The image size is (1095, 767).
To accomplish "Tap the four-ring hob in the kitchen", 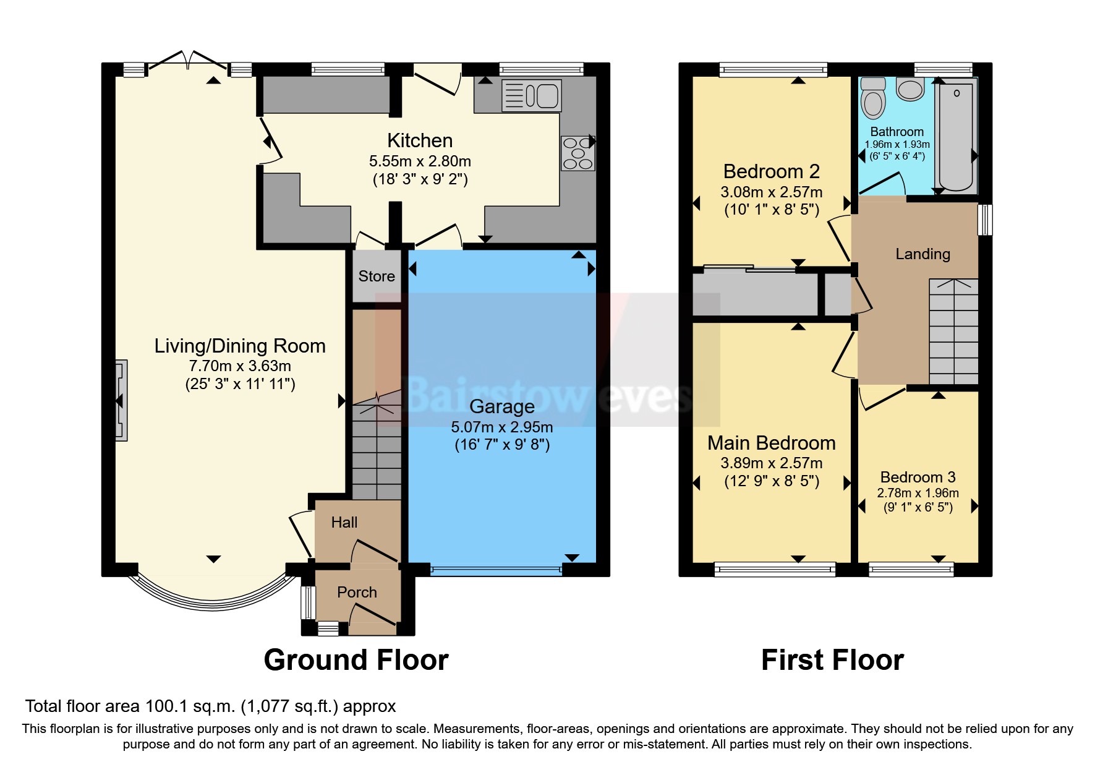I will pyautogui.click(x=577, y=153).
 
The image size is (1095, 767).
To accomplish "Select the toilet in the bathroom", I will pyautogui.click(x=873, y=99).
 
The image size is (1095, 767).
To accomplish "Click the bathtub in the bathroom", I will pyautogui.click(x=956, y=136).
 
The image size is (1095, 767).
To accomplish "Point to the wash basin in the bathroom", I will pyautogui.click(x=910, y=89).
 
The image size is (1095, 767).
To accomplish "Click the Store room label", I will pyautogui.click(x=377, y=276).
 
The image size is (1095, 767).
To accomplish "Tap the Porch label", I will pyautogui.click(x=357, y=592).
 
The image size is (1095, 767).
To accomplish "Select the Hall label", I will pyautogui.click(x=344, y=522).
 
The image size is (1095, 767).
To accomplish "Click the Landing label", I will pyautogui.click(x=922, y=254).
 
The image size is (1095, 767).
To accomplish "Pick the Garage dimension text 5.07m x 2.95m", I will pyautogui.click(x=501, y=427).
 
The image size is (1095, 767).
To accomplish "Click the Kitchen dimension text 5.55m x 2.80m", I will pyautogui.click(x=420, y=161).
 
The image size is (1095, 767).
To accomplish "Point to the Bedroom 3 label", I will pyautogui.click(x=918, y=477).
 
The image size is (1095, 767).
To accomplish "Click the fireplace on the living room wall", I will pyautogui.click(x=121, y=401).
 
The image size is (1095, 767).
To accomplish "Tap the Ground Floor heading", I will pyautogui.click(x=356, y=660).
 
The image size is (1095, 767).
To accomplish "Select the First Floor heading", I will pyautogui.click(x=832, y=660).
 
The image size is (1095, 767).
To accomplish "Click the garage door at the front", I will pyautogui.click(x=496, y=570).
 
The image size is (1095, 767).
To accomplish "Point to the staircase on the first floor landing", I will pyautogui.click(x=953, y=334).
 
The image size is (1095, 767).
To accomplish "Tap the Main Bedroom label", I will pyautogui.click(x=771, y=443).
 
